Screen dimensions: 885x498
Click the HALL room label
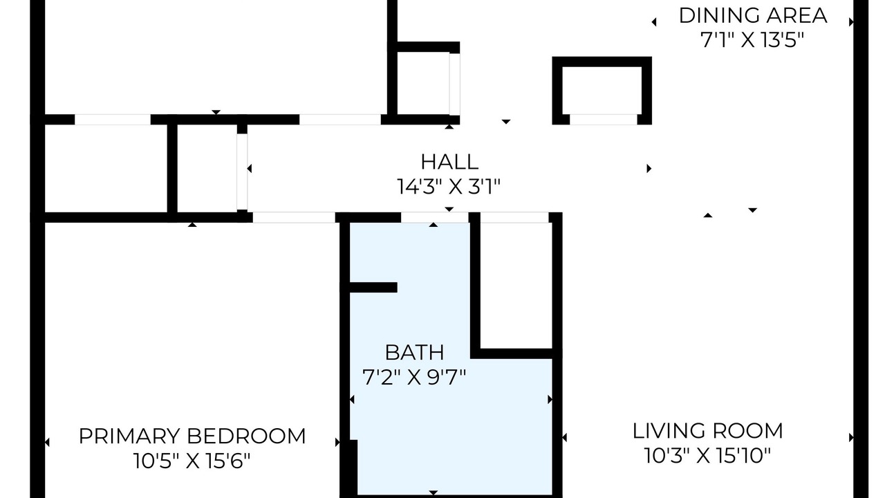click(x=449, y=162)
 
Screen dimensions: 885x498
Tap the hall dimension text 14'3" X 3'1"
click(x=449, y=187)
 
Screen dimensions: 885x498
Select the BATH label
click(x=414, y=353)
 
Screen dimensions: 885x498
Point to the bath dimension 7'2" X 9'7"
click(x=414, y=377)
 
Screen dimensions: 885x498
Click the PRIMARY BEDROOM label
click(x=192, y=436)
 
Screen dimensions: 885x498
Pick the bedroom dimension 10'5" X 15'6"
click(x=192, y=461)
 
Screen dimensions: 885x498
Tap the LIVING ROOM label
click(x=707, y=431)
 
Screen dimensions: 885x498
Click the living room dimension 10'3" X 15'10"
click(x=707, y=455)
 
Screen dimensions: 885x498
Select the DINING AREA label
click(x=753, y=16)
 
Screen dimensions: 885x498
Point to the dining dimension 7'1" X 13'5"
click(x=752, y=40)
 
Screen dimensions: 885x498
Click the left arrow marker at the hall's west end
click(x=250, y=169)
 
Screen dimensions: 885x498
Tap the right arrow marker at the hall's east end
click(x=649, y=169)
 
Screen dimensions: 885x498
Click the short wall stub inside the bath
click(x=373, y=287)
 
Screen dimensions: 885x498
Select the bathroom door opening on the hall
click(x=435, y=217)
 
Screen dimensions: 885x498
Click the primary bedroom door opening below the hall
click(x=294, y=217)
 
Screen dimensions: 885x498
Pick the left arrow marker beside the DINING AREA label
click(x=654, y=22)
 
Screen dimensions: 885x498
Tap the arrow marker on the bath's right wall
click(x=550, y=400)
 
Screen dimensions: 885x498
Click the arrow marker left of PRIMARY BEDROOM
click(x=47, y=442)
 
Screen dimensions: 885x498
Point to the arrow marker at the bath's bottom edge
click(x=434, y=492)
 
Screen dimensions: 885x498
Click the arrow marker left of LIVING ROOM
click(x=565, y=438)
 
